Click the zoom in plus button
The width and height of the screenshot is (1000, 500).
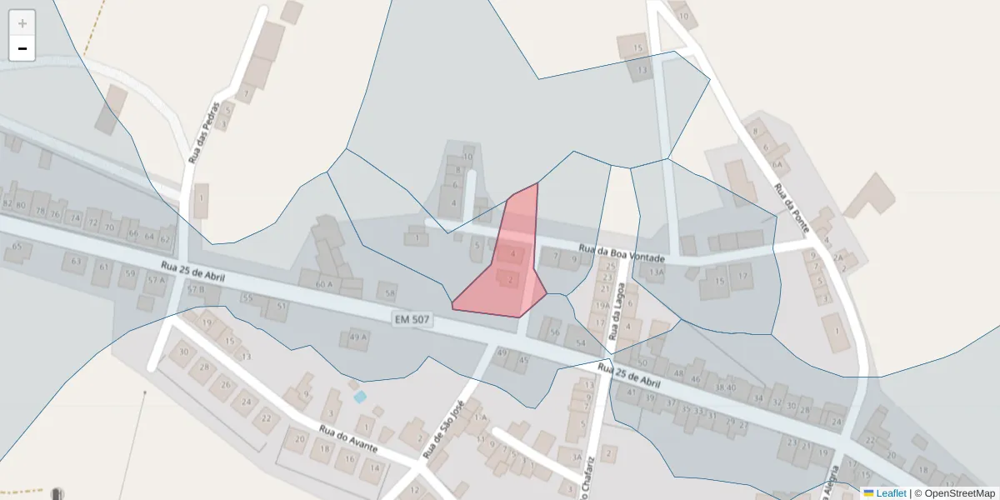22,23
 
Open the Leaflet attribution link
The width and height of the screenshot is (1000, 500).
891,493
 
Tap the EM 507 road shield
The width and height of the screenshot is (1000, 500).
412,318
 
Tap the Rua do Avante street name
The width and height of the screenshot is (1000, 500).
348,438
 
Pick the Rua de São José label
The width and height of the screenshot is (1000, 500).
442,428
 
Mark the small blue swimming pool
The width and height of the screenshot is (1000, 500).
360,397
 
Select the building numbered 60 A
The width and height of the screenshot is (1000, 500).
324,284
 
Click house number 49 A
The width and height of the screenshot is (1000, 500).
357,337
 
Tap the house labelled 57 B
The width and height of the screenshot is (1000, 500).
195,290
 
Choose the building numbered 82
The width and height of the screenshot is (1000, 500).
7,204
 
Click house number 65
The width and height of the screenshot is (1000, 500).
17,247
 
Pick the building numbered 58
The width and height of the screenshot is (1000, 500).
387,292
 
